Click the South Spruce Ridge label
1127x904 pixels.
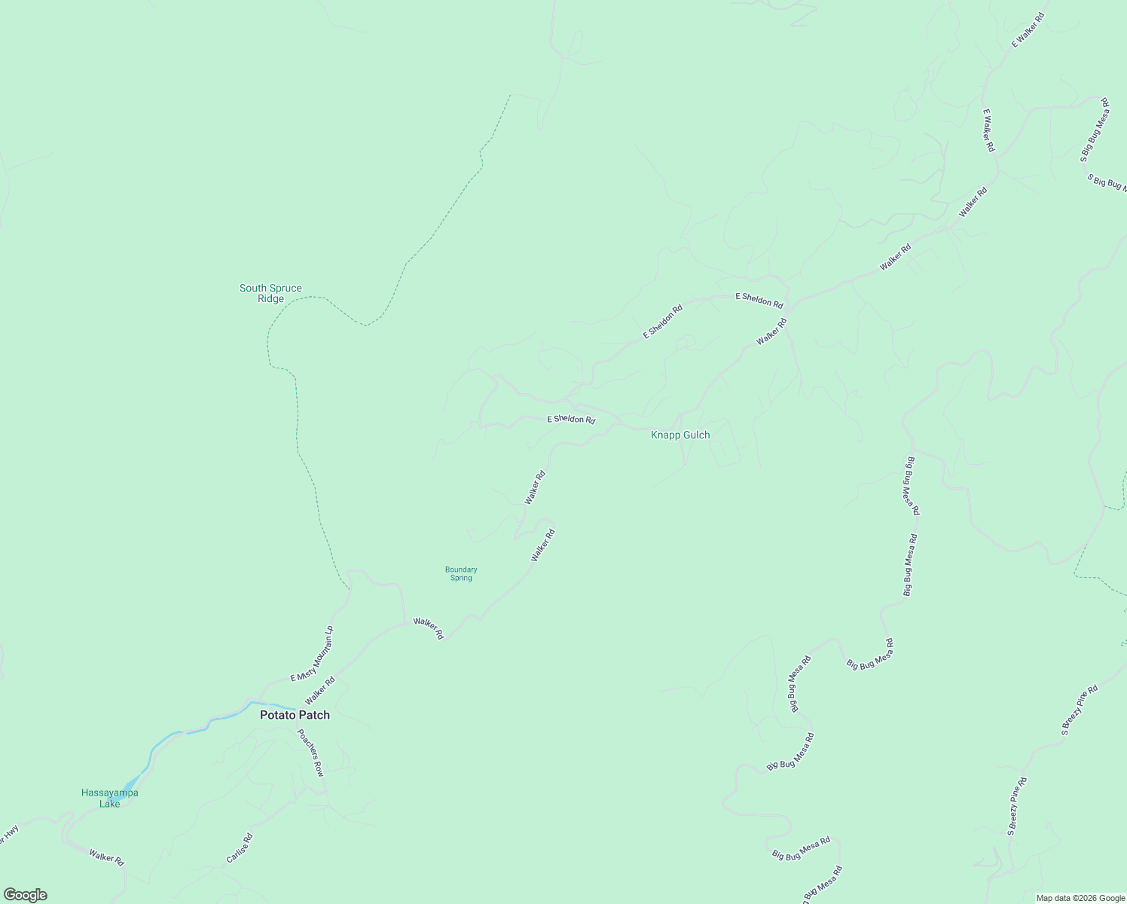coord(270,293)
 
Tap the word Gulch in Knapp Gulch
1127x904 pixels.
coord(695,435)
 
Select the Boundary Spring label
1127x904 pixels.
coord(461,574)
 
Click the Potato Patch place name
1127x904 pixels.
coord(295,715)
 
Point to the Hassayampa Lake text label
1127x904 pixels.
coord(110,798)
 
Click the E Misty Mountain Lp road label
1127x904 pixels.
coord(312,655)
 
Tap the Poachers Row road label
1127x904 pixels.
coord(310,753)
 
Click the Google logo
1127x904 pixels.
coord(25,895)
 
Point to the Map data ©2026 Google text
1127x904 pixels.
coord(1080,898)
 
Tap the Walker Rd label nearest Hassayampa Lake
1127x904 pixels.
coord(106,857)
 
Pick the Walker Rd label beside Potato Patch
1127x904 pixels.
coord(319,691)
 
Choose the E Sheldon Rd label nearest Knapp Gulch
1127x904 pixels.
coord(571,419)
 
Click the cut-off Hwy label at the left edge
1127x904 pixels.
coord(10,832)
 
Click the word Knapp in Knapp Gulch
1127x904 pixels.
coord(665,435)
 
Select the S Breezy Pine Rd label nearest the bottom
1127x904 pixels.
coord(1017,807)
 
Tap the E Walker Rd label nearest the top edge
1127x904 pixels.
coord(1028,30)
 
